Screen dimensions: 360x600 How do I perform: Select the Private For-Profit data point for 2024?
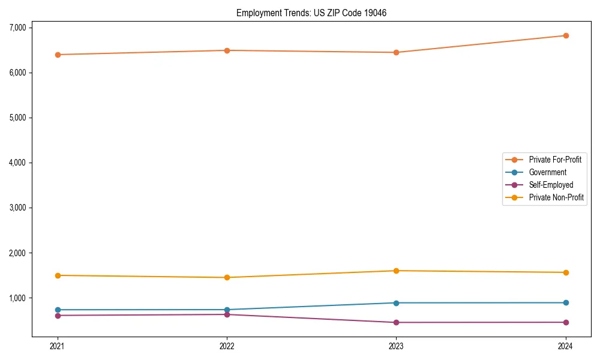pyautogui.click(x=565, y=35)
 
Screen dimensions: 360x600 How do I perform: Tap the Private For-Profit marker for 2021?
pyautogui.click(x=58, y=55)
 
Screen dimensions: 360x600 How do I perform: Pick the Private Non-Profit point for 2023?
pyautogui.click(x=396, y=271)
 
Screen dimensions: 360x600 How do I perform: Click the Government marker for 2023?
pyautogui.click(x=396, y=303)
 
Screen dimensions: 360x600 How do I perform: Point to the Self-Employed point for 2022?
pyautogui.click(x=227, y=314)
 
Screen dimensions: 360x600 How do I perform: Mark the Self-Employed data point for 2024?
pyautogui.click(x=565, y=322)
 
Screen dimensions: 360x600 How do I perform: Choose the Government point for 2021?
pyautogui.click(x=58, y=310)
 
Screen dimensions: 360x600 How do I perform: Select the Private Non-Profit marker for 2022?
pyautogui.click(x=227, y=277)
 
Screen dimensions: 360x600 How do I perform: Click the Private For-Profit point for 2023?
pyautogui.click(x=396, y=52)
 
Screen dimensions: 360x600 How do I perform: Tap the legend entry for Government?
pyautogui.click(x=547, y=172)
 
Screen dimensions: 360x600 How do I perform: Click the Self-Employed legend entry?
pyautogui.click(x=551, y=185)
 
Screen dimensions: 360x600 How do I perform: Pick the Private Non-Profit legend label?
pyautogui.click(x=556, y=197)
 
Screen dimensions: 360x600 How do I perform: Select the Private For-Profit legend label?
pyautogui.click(x=555, y=160)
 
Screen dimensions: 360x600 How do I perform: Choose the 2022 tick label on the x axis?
pyautogui.click(x=227, y=346)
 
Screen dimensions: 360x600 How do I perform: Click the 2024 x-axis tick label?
pyautogui.click(x=565, y=346)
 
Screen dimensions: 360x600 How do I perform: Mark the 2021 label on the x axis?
pyautogui.click(x=58, y=346)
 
